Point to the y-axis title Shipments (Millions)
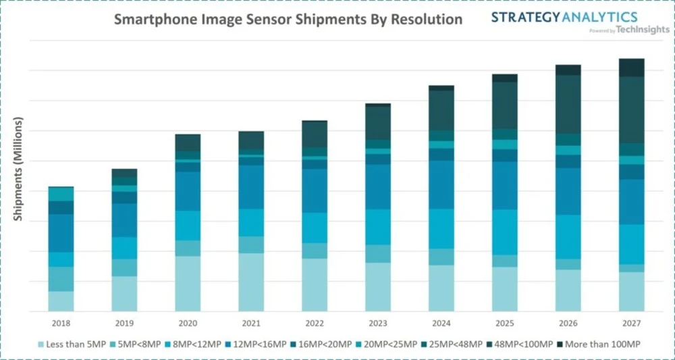19,170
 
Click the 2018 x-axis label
61,323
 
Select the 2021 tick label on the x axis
251,323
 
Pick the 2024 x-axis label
441,323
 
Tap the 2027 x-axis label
632,323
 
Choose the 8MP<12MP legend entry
197,344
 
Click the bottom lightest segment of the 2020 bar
188,284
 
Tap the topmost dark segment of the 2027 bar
632,68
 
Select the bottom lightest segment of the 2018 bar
61,301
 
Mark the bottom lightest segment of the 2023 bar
378,287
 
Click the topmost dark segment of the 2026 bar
568,70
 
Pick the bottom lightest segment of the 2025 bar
505,289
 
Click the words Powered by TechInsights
628,30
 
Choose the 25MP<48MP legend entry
456,344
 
